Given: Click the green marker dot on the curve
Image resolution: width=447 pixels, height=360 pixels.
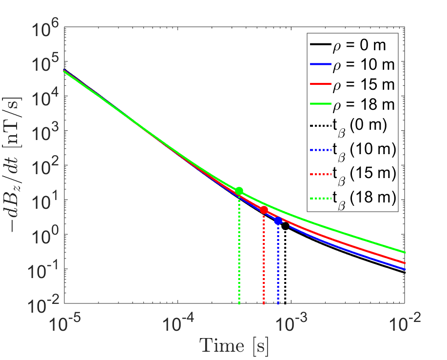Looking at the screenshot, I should pos(239,191).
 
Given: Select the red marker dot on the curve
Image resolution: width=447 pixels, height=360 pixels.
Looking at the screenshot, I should pos(264,210).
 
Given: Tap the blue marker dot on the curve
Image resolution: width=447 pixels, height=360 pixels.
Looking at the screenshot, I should pos(278,221).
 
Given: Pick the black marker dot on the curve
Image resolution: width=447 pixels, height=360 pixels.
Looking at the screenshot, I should pos(285,226).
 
